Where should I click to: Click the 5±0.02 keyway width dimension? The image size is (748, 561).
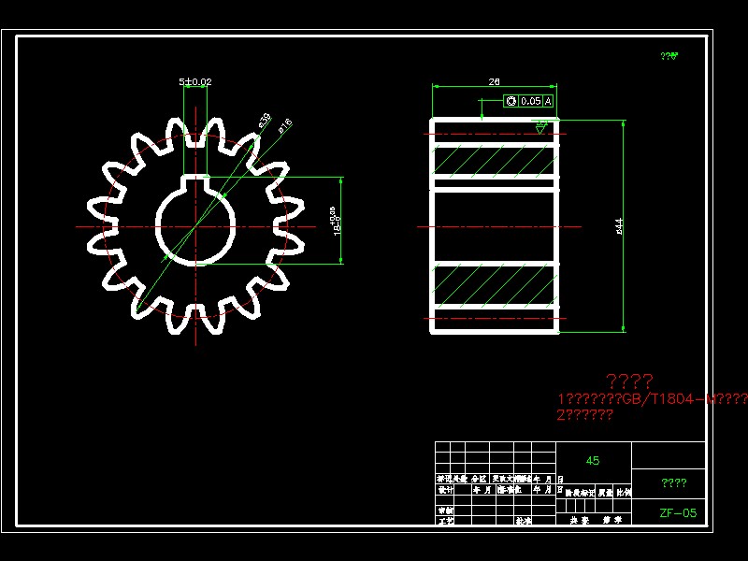195,82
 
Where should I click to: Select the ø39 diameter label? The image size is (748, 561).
264,120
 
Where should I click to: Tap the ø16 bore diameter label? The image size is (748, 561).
285,124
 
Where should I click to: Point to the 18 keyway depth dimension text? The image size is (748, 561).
335,223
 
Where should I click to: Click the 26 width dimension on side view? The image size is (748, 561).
494,82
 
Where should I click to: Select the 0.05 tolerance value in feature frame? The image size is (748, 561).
530,101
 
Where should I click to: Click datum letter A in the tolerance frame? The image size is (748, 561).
548,101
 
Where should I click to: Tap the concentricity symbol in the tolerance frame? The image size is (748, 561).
511,101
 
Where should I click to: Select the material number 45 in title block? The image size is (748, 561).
593,461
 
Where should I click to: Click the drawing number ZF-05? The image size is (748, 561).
678,512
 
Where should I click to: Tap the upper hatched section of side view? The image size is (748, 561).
495,161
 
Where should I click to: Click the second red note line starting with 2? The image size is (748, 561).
584,415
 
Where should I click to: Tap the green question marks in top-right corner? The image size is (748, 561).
669,56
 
